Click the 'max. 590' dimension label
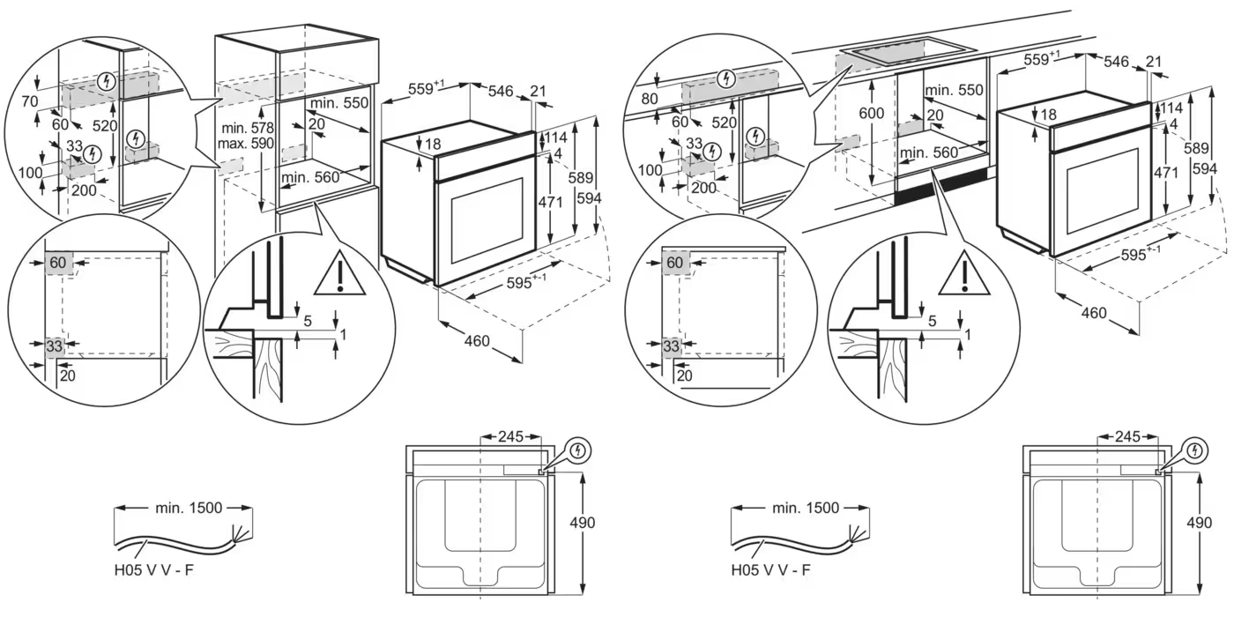[x=249, y=143]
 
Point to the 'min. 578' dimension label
[x=249, y=127]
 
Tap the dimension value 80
[x=650, y=99]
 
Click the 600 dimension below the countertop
[x=871, y=113]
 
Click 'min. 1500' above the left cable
[x=189, y=508]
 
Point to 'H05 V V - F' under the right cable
[x=770, y=569]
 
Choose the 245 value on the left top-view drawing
[x=510, y=436]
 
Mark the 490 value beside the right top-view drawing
[x=1199, y=523]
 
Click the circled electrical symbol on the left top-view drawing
[x=577, y=451]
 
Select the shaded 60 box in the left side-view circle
[x=58, y=263]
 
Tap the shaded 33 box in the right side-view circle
[x=672, y=346]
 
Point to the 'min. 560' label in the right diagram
[x=927, y=152]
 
